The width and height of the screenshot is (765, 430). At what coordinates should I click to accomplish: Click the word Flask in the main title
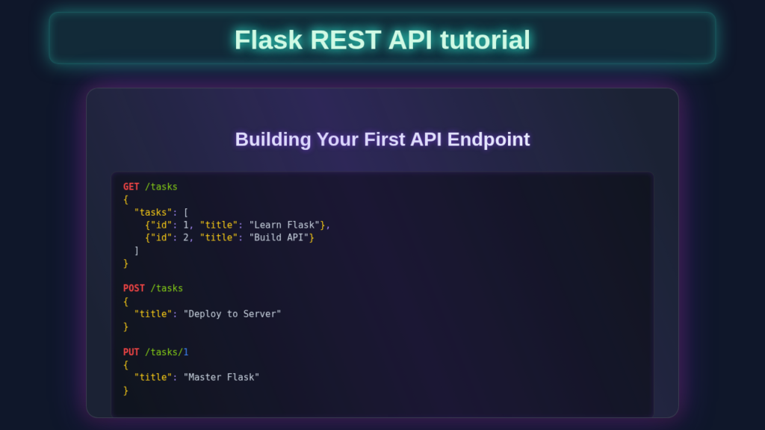tap(268, 40)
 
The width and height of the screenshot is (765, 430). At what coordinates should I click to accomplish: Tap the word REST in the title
tap(346, 40)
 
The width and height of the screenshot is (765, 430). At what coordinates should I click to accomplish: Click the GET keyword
tap(131, 187)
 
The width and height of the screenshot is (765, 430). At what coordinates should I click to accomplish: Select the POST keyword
tap(134, 288)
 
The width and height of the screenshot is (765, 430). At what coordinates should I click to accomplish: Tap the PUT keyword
tap(131, 352)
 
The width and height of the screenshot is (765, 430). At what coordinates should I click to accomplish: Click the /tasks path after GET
tap(161, 187)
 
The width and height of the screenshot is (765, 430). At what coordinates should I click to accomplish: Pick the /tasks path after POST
tap(167, 288)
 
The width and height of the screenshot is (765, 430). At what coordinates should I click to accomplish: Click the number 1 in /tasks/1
tap(186, 352)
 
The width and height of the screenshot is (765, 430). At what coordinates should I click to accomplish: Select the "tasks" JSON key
tap(153, 212)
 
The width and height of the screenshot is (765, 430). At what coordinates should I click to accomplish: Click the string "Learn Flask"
tap(285, 225)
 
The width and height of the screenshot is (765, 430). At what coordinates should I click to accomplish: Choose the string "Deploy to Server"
tap(232, 314)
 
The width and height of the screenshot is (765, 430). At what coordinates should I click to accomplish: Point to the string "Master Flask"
tap(221, 377)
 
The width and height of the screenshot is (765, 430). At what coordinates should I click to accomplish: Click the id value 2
tap(186, 237)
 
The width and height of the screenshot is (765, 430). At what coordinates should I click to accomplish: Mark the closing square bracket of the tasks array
tap(137, 250)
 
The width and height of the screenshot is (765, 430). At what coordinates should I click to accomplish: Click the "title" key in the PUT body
tap(153, 377)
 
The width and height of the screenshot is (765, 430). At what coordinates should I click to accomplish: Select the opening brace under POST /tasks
tap(126, 301)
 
